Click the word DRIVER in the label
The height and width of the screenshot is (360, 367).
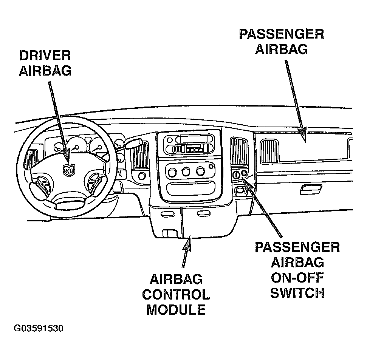pyautogui.click(x=45, y=56)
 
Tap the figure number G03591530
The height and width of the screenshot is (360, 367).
pyautogui.click(x=39, y=328)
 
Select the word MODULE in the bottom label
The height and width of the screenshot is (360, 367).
pyautogui.click(x=176, y=310)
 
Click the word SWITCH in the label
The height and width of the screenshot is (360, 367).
pyautogui.click(x=297, y=293)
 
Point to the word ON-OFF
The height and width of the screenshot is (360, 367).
pyautogui.click(x=297, y=278)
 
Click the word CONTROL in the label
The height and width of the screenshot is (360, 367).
pyautogui.click(x=176, y=295)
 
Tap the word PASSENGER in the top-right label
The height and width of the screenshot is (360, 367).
pyautogui.click(x=282, y=34)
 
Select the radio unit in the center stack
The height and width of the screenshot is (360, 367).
pyautogui.click(x=189, y=145)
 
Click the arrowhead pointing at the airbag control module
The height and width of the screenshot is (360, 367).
pyautogui.click(x=187, y=244)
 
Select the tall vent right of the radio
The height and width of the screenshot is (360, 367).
pyautogui.click(x=239, y=151)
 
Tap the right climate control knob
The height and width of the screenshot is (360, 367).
pyautogui.click(x=200, y=171)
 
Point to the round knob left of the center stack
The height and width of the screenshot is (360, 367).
pyautogui.click(x=142, y=176)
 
